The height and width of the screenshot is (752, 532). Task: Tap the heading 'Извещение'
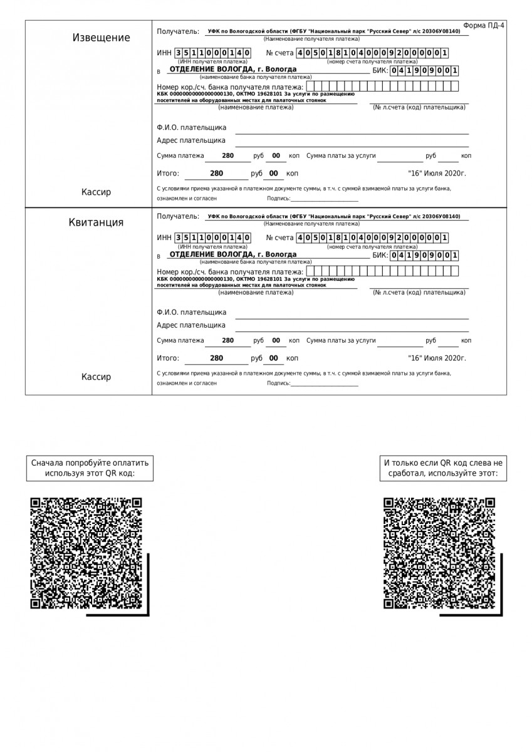(102, 38)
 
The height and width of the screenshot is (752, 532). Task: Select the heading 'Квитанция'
(96, 222)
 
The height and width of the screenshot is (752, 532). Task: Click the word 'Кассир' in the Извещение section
(96, 192)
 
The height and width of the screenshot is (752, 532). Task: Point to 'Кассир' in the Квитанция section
(96, 377)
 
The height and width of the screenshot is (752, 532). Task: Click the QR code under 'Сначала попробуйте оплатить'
(86, 553)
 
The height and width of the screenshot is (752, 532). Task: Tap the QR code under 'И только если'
(439, 553)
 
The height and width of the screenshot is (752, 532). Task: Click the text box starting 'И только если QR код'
(443, 468)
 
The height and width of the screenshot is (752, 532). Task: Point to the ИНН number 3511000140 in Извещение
(212, 53)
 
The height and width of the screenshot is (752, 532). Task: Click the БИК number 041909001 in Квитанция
(424, 256)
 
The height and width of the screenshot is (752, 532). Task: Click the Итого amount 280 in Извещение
(216, 174)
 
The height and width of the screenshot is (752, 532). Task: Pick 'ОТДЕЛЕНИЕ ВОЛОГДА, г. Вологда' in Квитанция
(233, 254)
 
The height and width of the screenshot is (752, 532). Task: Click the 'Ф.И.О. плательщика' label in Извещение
(192, 128)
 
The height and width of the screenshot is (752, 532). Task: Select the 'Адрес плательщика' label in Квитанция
(191, 325)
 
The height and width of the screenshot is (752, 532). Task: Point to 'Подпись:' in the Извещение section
(279, 198)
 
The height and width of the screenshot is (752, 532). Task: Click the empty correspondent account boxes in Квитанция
(382, 271)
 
